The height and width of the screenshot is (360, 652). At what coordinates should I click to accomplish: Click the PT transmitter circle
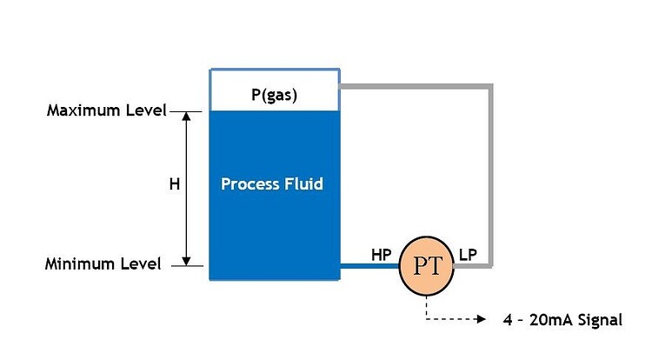click(x=427, y=267)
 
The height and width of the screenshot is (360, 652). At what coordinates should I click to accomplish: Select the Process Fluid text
click(x=272, y=183)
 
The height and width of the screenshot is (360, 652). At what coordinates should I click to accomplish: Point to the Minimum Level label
click(x=103, y=264)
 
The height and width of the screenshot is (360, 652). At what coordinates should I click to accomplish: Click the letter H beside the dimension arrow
click(x=173, y=184)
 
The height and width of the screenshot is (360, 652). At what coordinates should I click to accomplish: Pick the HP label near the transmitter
click(x=381, y=254)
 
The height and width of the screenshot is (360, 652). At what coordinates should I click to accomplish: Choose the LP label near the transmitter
click(x=469, y=254)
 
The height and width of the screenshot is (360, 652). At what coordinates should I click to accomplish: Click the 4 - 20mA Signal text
click(x=562, y=320)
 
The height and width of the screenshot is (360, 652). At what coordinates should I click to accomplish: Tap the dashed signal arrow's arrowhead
click(x=482, y=319)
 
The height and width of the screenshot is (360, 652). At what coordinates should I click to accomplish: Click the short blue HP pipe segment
click(x=369, y=267)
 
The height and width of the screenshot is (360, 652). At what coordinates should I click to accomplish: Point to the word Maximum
click(x=83, y=111)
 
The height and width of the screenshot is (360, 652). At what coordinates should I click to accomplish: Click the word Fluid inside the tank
click(x=303, y=183)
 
